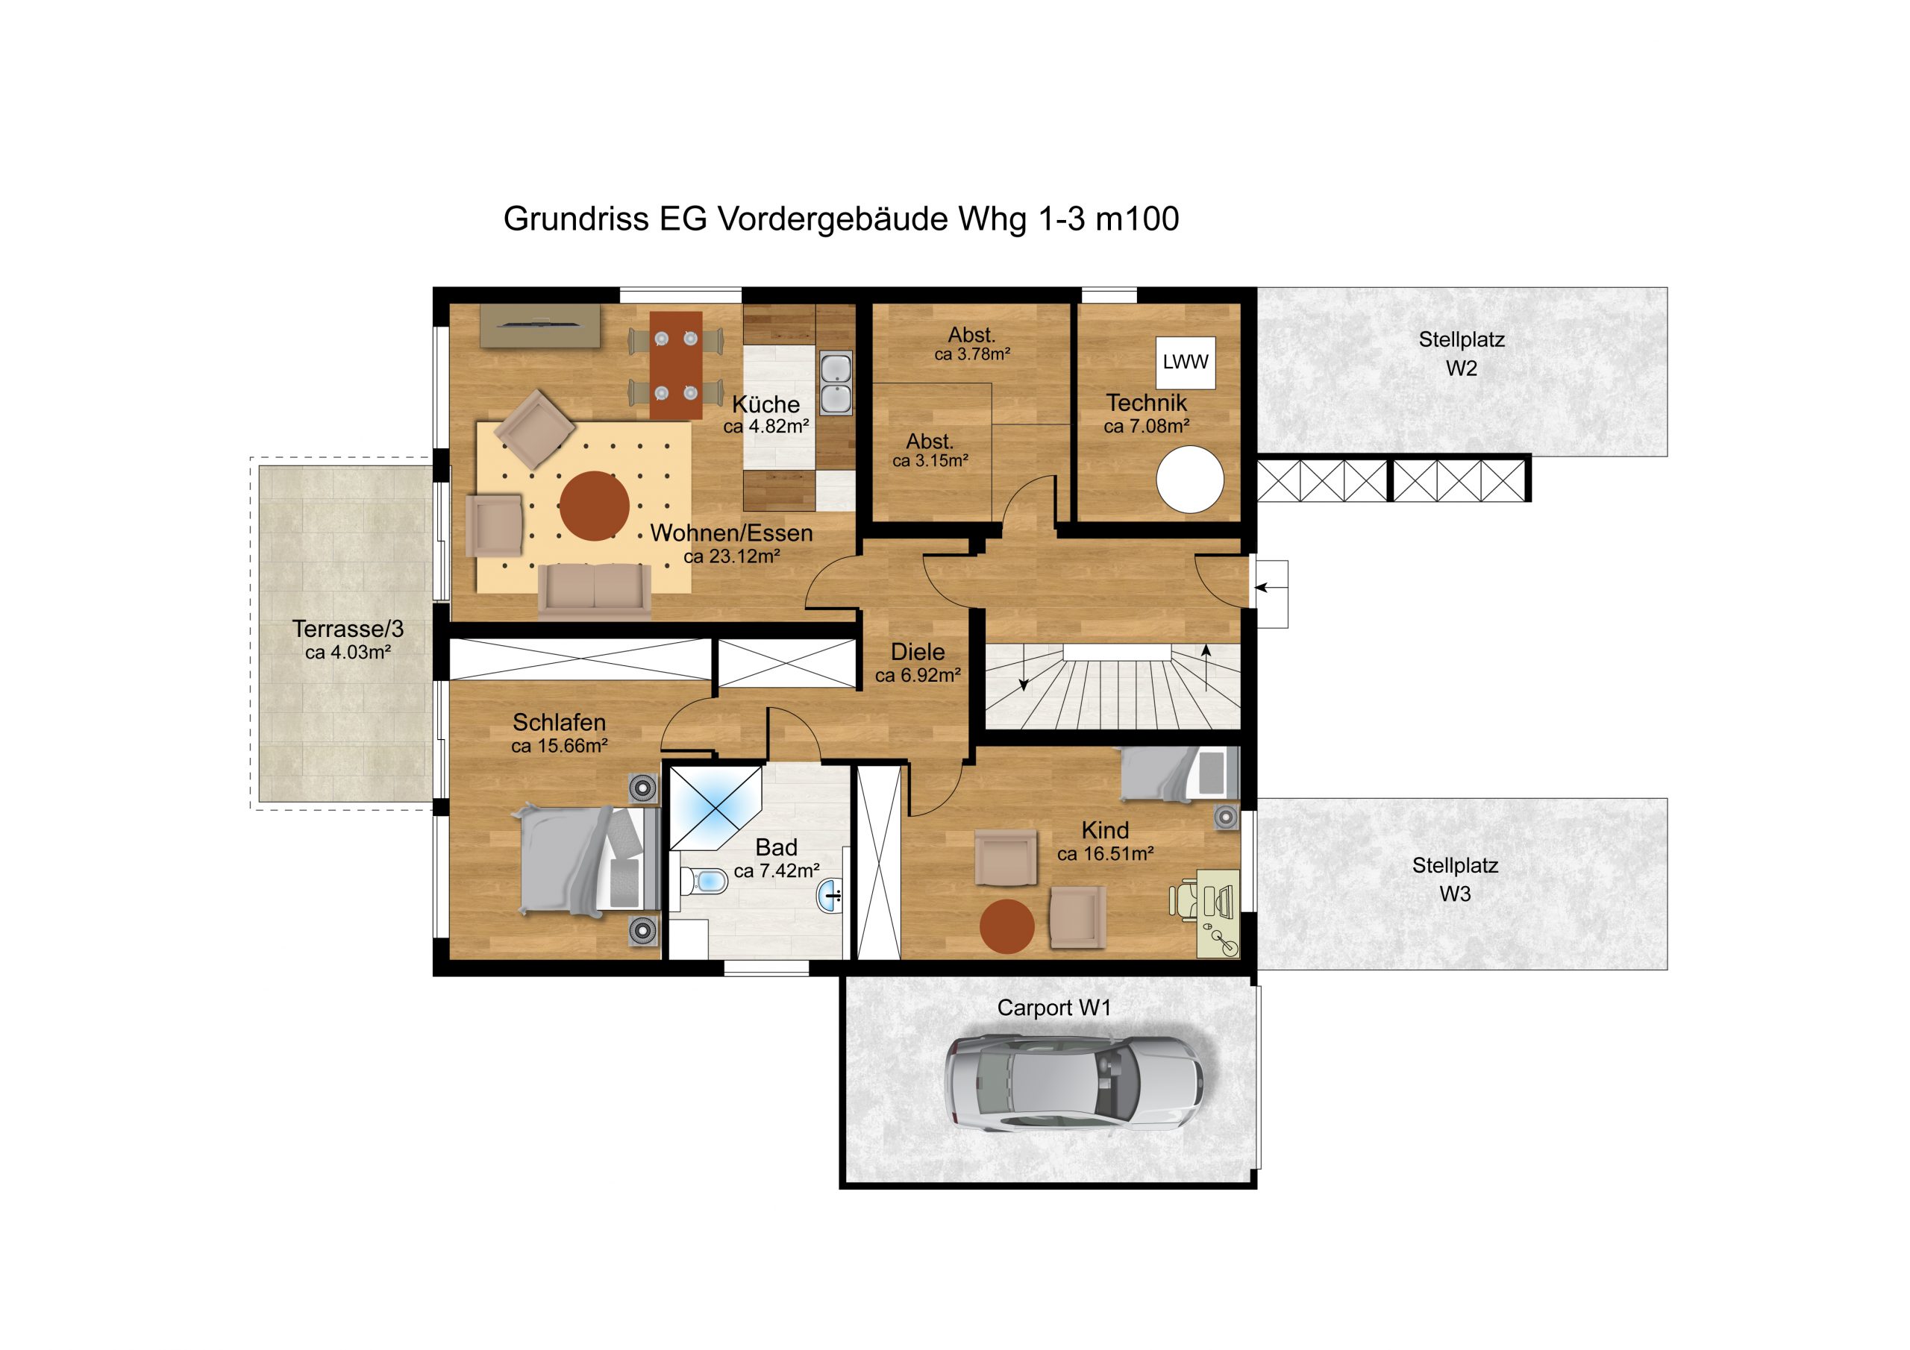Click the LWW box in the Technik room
point(1186,362)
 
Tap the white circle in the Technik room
point(1189,480)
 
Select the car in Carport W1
point(1074,1083)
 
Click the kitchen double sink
point(836,383)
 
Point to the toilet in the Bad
point(704,881)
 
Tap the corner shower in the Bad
point(716,808)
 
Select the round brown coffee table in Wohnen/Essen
point(594,506)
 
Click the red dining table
point(675,365)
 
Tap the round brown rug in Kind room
point(1006,926)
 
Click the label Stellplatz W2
point(1462,354)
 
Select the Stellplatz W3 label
point(1455,879)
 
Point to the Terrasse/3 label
point(348,629)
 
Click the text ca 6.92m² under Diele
point(918,676)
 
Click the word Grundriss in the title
point(576,219)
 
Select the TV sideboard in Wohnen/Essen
point(540,326)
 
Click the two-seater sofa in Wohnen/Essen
point(594,591)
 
